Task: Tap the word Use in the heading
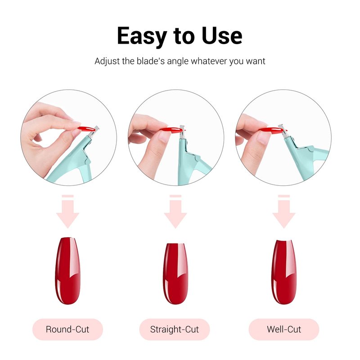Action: [222, 36]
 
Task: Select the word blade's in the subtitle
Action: [151, 61]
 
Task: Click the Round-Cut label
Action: [67, 329]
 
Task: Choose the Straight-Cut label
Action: [175, 329]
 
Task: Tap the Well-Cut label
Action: [284, 329]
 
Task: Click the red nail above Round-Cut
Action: [67, 271]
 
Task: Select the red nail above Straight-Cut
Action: [175, 274]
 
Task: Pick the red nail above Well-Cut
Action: [283, 272]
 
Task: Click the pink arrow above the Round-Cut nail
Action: [68, 211]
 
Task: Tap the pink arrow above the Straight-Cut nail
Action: [175, 211]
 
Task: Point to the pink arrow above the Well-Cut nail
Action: [284, 211]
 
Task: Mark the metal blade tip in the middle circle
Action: [182, 132]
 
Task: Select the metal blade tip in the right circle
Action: [284, 131]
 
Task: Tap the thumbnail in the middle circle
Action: [164, 137]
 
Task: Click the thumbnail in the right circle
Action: [264, 137]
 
